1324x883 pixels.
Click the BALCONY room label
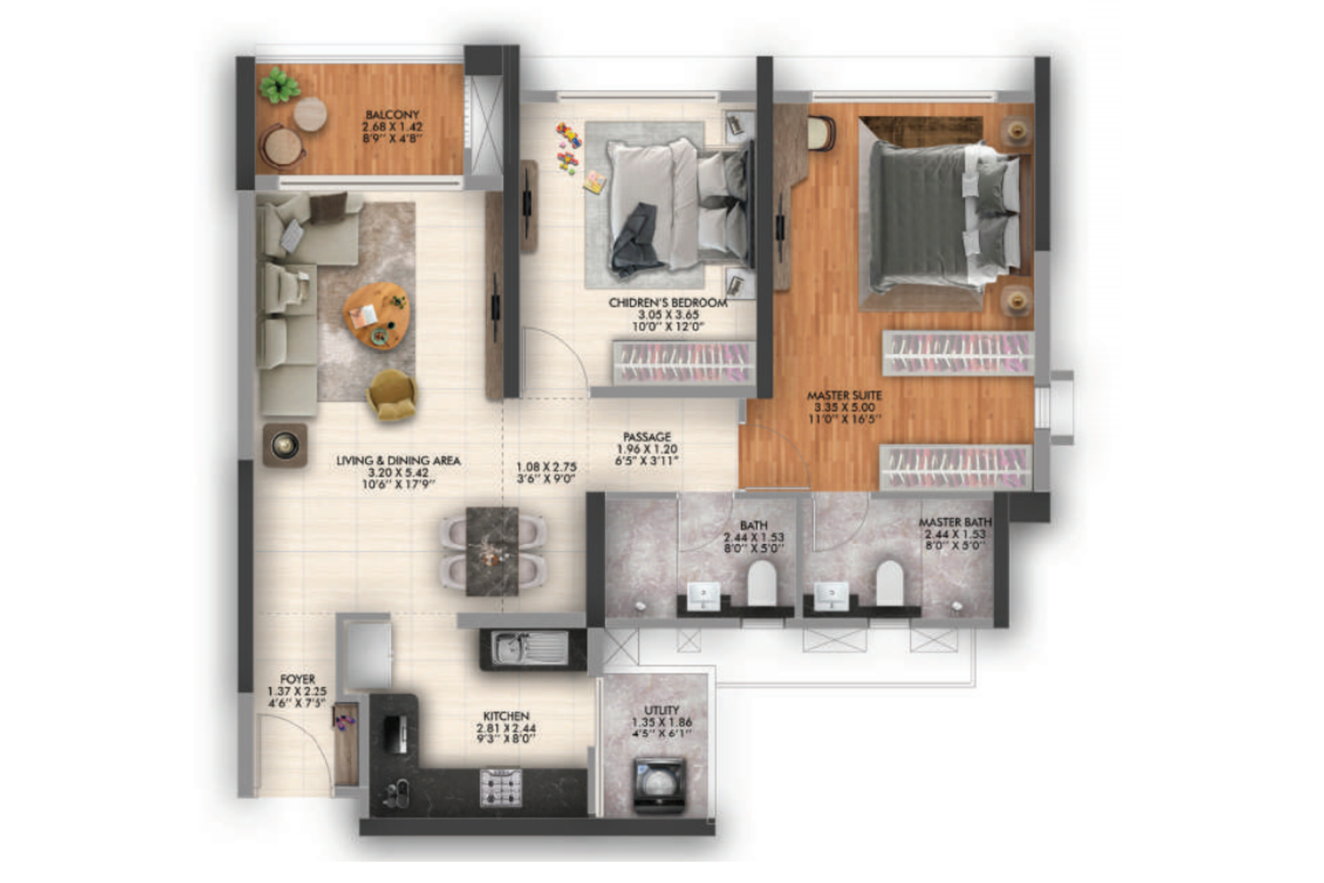tap(392, 115)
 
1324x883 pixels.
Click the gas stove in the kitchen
tap(501, 787)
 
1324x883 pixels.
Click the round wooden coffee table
tap(377, 315)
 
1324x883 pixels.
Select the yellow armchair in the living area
tap(391, 394)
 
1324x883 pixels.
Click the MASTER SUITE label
tap(844, 396)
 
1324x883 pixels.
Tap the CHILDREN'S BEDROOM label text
tap(668, 303)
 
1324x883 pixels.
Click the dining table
tap(492, 551)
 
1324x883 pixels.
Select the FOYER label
tap(297, 679)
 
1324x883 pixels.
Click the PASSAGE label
tap(647, 437)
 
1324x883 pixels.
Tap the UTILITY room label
tap(661, 710)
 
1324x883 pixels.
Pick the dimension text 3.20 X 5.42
tap(398, 473)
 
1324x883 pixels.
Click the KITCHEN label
tap(506, 717)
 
